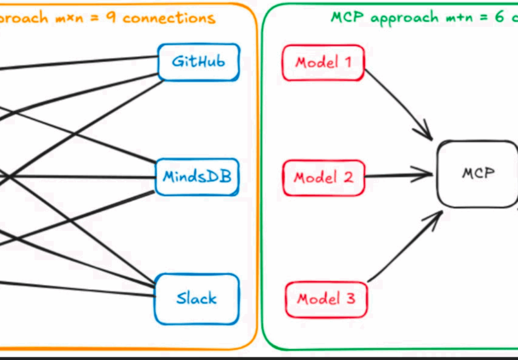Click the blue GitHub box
pyautogui.click(x=199, y=62)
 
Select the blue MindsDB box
pyautogui.click(x=197, y=177)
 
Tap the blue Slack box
pyautogui.click(x=197, y=299)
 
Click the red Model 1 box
pyautogui.click(x=323, y=63)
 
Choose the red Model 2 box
pyautogui.click(x=323, y=178)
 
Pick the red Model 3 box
pyautogui.click(x=326, y=299)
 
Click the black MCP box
pyautogui.click(x=477, y=174)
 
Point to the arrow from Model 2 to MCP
pyautogui.click(x=398, y=175)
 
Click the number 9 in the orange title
pyautogui.click(x=110, y=18)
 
